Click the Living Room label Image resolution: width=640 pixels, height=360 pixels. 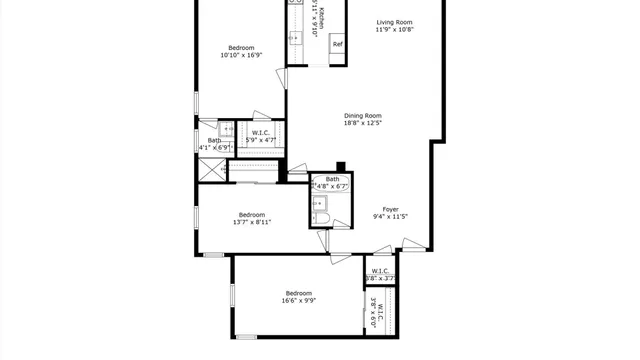coord(394,22)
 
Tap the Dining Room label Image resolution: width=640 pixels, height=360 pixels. coord(364,115)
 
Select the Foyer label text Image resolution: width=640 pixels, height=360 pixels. coord(391,209)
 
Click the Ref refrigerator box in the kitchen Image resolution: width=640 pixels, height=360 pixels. coord(337,44)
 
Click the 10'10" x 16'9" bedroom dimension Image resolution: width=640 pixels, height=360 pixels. coord(241,56)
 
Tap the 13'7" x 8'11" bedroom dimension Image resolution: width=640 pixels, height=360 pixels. coord(251,222)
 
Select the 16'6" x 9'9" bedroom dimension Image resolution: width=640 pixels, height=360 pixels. coord(299,300)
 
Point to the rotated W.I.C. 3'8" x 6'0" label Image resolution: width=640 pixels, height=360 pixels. coord(374,315)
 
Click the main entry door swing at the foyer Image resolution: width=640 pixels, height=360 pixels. coord(412,243)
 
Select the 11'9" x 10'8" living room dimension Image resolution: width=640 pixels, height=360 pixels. coord(394,30)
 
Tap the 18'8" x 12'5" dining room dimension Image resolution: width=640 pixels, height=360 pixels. coord(364,123)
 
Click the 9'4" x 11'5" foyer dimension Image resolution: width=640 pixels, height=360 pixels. coord(391,217)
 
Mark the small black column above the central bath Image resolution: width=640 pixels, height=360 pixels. coord(341,166)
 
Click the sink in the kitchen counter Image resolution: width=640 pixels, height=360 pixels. coord(296,39)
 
